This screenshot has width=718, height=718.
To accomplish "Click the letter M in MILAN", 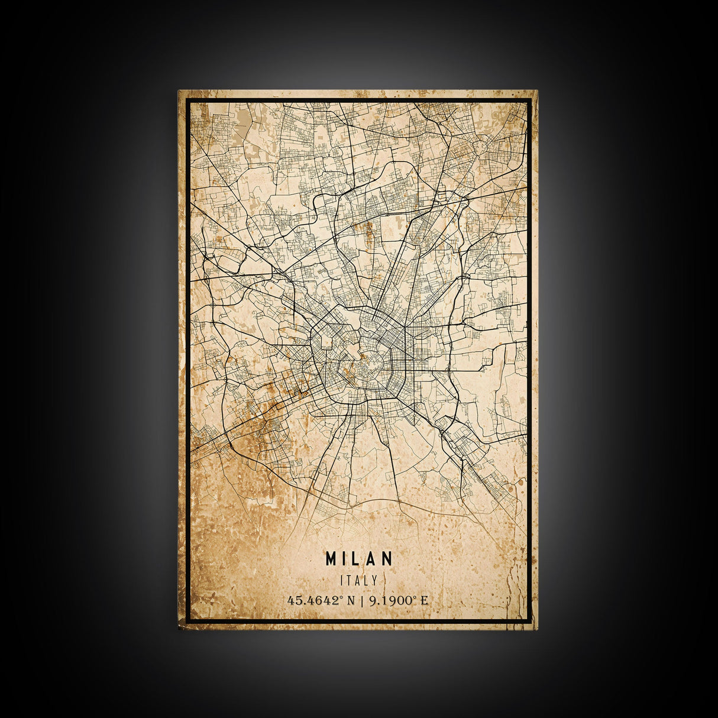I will pyautogui.click(x=330, y=558).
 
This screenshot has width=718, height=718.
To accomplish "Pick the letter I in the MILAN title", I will pyautogui.click(x=345, y=558).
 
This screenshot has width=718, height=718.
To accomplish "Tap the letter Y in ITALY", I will pyautogui.click(x=374, y=581).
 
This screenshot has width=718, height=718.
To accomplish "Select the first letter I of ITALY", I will pyautogui.click(x=342, y=581).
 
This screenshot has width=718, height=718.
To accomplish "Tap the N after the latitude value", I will pyautogui.click(x=351, y=600).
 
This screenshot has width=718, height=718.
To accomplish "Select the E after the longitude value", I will pyautogui.click(x=423, y=600).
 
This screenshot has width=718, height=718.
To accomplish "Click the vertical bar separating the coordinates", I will pyautogui.click(x=361, y=600).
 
